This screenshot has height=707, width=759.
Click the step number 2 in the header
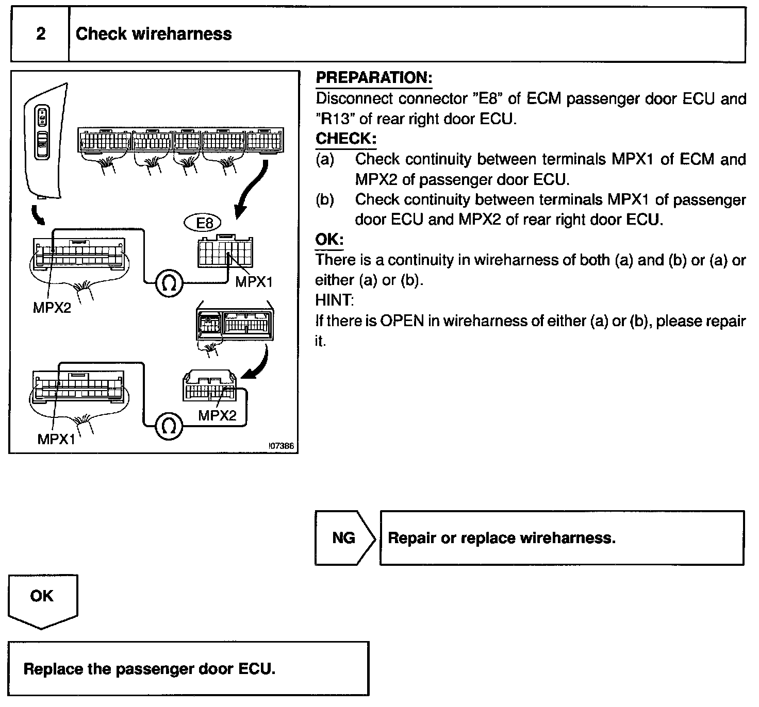[x=40, y=35]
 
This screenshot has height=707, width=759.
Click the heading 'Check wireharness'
[x=154, y=35]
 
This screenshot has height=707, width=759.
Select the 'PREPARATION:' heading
[x=374, y=78]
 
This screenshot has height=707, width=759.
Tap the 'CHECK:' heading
[x=346, y=139]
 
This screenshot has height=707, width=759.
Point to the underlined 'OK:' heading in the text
[x=329, y=240]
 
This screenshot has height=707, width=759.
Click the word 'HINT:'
[x=335, y=300]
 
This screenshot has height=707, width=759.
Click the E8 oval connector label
[x=204, y=223]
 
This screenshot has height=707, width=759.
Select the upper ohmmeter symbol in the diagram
[x=169, y=283]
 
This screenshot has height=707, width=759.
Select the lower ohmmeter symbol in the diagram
[x=169, y=426]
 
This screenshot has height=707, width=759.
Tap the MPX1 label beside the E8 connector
[x=254, y=282]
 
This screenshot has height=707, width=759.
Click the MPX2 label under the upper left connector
[x=52, y=308]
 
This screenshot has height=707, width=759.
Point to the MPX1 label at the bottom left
[x=56, y=439]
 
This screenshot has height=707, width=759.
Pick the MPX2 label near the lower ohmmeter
[x=217, y=415]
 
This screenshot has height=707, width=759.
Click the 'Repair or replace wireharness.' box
[x=562, y=538]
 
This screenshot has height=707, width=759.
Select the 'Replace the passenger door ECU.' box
[x=188, y=669]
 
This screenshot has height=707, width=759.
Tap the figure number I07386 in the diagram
[x=282, y=446]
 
